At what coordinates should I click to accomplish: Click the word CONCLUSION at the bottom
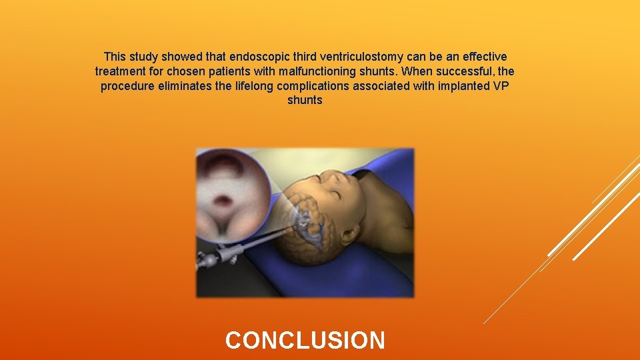(x=305, y=340)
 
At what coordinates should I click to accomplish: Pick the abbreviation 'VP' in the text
(x=501, y=86)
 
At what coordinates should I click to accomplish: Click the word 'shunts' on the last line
(x=305, y=101)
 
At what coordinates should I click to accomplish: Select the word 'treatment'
(x=121, y=71)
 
